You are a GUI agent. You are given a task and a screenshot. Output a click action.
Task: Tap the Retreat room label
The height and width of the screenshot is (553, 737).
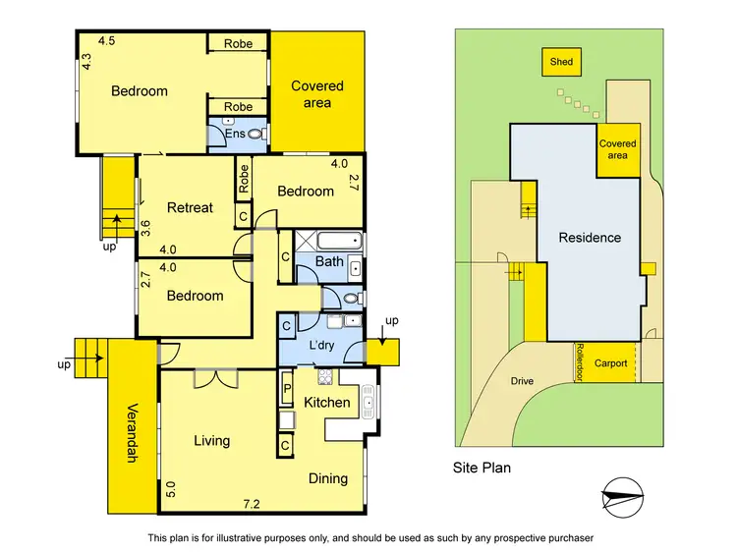click(190, 207)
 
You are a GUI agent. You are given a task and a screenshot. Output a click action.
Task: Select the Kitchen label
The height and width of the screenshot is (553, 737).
click(326, 403)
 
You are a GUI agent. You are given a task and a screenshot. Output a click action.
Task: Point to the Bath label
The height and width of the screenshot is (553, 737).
click(329, 262)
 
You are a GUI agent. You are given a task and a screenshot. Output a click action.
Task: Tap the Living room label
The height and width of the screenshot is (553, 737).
click(211, 441)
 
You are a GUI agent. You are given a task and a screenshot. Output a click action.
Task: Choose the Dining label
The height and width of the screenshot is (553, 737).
click(327, 478)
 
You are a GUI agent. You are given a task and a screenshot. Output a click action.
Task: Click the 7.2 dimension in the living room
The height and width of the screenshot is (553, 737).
click(253, 504)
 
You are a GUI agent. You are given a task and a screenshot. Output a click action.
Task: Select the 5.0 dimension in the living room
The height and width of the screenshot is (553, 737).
click(170, 488)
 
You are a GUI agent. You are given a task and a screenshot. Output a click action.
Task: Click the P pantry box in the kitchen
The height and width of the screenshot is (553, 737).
click(287, 390)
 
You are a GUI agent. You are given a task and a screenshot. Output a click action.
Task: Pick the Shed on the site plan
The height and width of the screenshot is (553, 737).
click(561, 62)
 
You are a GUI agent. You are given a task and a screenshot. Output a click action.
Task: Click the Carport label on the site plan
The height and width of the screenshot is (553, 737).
click(610, 363)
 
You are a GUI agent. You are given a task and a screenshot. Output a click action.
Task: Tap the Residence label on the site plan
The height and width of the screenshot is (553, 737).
click(590, 237)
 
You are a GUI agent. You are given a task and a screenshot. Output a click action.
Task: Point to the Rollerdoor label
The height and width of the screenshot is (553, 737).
click(580, 361)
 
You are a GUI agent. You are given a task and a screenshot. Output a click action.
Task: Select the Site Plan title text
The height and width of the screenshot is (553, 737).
click(481, 469)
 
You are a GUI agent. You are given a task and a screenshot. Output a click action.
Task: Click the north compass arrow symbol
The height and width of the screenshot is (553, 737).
click(621, 498)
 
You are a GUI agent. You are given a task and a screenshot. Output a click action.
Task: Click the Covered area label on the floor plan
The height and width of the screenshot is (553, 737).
click(317, 94)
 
